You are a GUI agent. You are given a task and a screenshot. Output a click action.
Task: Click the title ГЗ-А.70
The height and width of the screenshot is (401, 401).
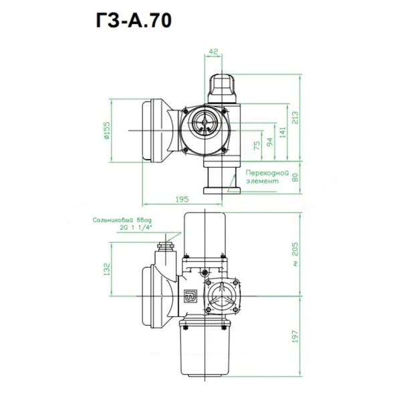[134, 21]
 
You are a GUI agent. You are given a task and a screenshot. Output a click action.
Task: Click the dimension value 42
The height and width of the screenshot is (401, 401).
[213, 51]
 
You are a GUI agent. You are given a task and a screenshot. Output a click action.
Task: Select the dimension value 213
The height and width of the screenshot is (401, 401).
[295, 118]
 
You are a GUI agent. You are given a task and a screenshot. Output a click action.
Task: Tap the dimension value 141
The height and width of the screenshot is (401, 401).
[283, 132]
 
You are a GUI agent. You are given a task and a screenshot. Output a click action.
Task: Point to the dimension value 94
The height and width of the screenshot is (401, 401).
[270, 142]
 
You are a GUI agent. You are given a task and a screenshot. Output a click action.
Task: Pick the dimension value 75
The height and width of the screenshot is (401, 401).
[257, 145]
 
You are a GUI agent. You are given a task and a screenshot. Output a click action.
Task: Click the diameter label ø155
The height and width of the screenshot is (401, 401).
[106, 130]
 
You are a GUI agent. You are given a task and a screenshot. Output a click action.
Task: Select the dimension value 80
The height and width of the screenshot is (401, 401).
[295, 177]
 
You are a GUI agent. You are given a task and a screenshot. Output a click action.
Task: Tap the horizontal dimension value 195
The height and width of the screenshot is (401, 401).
[182, 199]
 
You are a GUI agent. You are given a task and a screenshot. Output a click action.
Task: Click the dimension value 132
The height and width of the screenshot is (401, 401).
[107, 269]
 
